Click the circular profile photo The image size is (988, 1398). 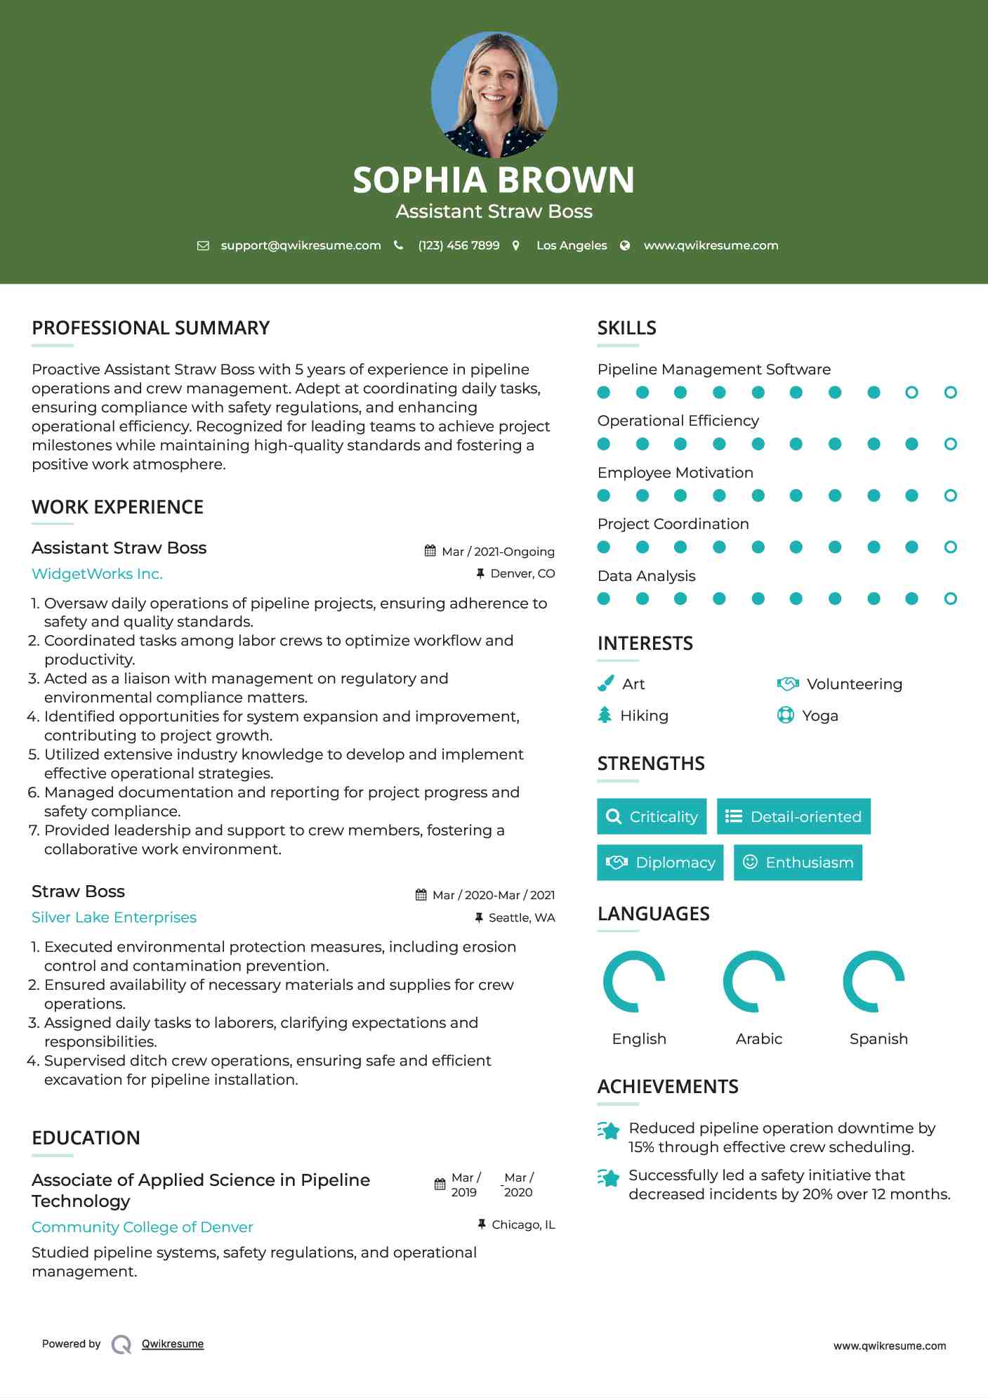(494, 94)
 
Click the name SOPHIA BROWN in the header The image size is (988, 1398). (494, 180)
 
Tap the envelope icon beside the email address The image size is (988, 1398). (203, 246)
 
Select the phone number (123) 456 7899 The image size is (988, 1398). (459, 246)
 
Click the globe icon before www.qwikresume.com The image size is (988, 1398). (625, 246)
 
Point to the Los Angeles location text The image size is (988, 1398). (571, 246)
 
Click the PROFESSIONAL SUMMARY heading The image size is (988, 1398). (150, 328)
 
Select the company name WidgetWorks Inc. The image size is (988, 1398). (97, 574)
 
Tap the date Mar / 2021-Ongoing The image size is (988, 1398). (498, 551)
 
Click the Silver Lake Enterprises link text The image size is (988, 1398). (114, 917)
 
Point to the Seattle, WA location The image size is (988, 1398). (521, 917)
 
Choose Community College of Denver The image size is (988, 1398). (142, 1227)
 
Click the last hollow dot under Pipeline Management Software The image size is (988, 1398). (950, 393)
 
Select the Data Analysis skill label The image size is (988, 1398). (646, 576)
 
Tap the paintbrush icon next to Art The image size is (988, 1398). (605, 684)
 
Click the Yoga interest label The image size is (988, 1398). (819, 716)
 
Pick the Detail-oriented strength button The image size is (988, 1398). (793, 816)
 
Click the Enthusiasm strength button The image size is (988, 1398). (798, 863)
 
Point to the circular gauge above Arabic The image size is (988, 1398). (753, 981)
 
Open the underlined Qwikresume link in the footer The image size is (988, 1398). (173, 1344)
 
